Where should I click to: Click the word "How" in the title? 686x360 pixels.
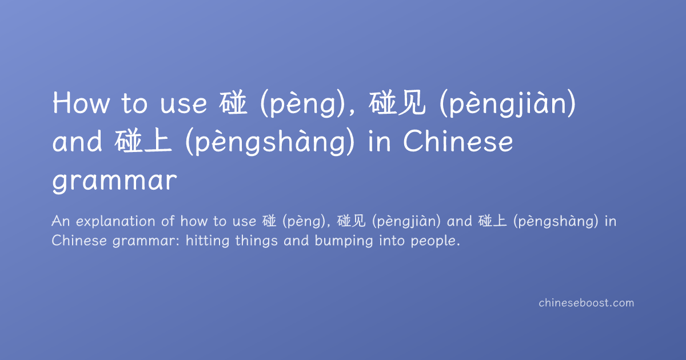(81, 103)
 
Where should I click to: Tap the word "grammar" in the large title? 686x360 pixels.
(114, 181)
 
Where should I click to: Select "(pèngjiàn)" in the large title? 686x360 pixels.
(508, 103)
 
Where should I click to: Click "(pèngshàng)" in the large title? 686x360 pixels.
(270, 142)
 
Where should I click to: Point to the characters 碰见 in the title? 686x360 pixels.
(397, 103)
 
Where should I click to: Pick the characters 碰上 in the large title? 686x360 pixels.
(143, 142)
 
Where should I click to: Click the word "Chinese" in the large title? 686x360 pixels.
(458, 141)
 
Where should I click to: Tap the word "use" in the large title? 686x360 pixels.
(184, 105)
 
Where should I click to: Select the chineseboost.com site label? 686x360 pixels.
(586, 303)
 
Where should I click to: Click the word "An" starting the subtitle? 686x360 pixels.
(61, 221)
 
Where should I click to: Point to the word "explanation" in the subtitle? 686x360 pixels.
(115, 222)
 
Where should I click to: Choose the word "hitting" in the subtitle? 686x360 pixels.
(208, 241)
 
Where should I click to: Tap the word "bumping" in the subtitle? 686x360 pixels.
(344, 241)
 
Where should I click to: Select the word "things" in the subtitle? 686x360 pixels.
(256, 241)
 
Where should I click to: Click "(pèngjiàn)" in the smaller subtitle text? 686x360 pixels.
(406, 222)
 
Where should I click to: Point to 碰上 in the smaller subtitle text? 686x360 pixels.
(492, 221)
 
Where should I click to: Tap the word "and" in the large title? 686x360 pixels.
(77, 142)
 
